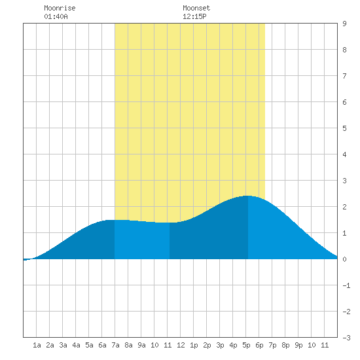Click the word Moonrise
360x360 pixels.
[x=60, y=8]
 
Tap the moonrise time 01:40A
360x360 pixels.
[x=56, y=16]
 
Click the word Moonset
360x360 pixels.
[x=196, y=8]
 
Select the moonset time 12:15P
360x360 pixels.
[x=194, y=16]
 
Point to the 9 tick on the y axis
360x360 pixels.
[x=344, y=24]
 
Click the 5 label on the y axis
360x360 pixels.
[x=344, y=128]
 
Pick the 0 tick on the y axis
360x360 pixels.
[x=344, y=259]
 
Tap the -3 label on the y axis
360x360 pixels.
[x=347, y=338]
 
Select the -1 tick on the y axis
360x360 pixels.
[x=347, y=285]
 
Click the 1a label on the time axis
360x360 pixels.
[x=37, y=345]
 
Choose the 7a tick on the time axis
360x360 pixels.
[x=115, y=345]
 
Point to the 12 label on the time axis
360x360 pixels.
[x=181, y=345]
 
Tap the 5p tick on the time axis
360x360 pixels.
[x=246, y=345]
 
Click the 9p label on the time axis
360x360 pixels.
[x=298, y=345]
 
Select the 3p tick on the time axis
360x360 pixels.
[x=220, y=345]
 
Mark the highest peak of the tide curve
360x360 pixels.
[x=247, y=196]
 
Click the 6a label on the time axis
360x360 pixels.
[x=102, y=345]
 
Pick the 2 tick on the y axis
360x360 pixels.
[x=344, y=207]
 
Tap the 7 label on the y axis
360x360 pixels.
[x=344, y=76]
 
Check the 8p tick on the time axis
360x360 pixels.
[x=285, y=345]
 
